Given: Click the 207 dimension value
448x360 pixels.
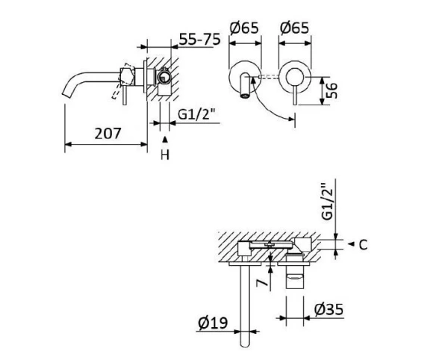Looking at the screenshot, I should pyautogui.click(x=111, y=134).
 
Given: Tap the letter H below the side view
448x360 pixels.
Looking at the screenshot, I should pyautogui.click(x=165, y=155).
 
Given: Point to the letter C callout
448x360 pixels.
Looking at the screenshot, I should pyautogui.click(x=362, y=244).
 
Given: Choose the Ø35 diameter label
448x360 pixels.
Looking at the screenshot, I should pyautogui.click(x=329, y=309).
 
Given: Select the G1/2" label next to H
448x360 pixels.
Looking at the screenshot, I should pyautogui.click(x=197, y=114).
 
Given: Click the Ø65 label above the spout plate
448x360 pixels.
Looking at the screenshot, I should pyautogui.click(x=244, y=29).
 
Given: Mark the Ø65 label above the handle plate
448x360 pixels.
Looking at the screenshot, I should pyautogui.click(x=294, y=29).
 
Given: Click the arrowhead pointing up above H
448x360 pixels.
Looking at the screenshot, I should pyautogui.click(x=165, y=140).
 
